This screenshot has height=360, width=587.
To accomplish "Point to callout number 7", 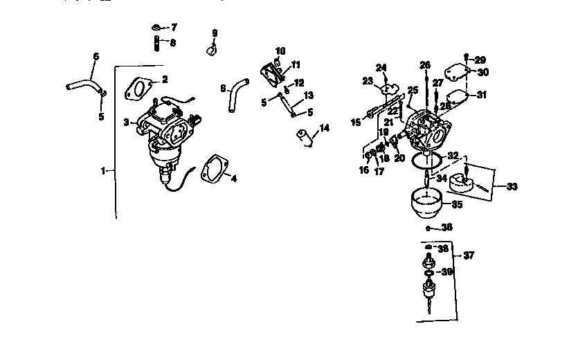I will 173,27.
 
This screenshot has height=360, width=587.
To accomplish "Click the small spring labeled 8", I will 156,43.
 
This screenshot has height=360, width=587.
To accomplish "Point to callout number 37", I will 469,255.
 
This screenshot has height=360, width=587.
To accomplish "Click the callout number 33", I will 512,186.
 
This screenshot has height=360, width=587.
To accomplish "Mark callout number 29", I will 480,61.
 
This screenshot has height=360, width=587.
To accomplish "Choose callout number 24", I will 381,67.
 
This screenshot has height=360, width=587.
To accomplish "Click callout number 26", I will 425,65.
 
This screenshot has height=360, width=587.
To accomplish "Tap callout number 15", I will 356,122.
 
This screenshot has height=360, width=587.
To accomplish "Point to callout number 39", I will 447,272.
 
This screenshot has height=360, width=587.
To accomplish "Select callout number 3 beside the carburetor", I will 127,122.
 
